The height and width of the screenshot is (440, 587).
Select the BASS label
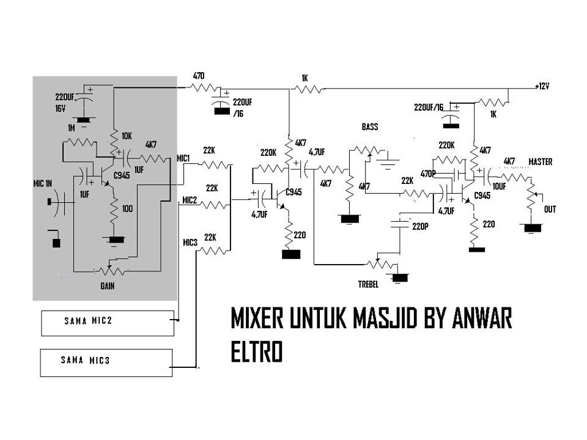tap(370, 127)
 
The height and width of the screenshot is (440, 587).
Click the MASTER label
tap(540, 162)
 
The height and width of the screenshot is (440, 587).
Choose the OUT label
tap(551, 210)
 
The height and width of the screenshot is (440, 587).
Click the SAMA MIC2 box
tap(107, 323)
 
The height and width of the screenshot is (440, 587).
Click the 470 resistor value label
tap(199, 76)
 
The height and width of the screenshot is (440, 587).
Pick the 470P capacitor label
tap(429, 174)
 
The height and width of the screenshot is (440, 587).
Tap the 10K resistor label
tap(126, 136)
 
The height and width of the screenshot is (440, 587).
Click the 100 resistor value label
tap(127, 209)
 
